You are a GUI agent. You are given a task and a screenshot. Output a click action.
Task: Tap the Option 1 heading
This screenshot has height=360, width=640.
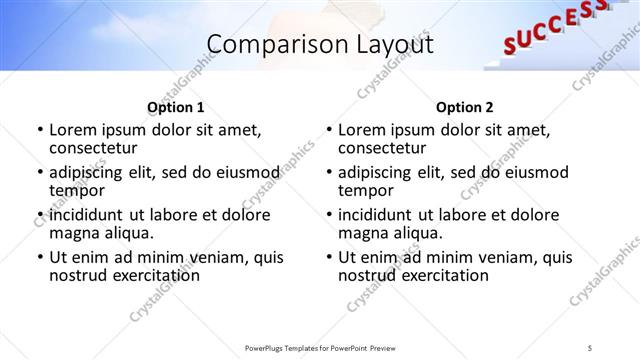176,107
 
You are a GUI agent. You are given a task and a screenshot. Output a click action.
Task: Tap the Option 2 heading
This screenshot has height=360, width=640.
465,107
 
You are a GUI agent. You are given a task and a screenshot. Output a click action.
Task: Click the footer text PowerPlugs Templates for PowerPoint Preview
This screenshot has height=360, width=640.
320,347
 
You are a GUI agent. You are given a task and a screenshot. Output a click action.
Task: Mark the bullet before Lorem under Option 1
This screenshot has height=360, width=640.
40,130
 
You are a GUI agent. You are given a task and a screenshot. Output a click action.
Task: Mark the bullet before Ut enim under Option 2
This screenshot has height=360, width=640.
329,257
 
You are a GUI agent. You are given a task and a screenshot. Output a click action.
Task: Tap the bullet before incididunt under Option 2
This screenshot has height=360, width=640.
329,215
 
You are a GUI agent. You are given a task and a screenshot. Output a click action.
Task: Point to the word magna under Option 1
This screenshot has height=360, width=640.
74,233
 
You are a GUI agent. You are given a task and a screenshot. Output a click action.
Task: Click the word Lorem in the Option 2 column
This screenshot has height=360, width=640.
362,130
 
